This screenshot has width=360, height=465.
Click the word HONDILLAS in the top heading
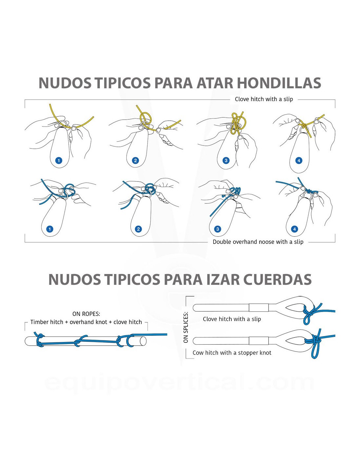pos(279,83)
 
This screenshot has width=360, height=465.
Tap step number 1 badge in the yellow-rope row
pos(59,160)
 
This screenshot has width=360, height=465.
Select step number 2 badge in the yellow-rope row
pos(135,160)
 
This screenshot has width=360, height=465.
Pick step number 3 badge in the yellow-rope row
pos(226,160)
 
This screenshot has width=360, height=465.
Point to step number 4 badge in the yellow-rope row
pos(299,160)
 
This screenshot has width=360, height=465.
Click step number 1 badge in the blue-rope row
pos(50,229)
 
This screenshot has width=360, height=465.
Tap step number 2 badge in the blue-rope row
pos(138,229)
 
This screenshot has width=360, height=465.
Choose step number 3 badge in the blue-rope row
pos(218,229)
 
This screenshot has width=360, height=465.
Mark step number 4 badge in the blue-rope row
pos(295,229)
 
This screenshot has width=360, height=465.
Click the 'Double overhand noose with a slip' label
pos(258,242)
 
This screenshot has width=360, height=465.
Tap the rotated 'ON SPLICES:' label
pos(186,327)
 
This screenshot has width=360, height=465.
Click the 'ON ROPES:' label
pos(86,314)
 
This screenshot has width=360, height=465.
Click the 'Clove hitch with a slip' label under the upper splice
pos(232,319)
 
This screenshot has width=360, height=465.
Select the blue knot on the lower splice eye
pos(315,342)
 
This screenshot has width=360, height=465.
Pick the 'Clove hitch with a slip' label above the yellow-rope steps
pos(264,99)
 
